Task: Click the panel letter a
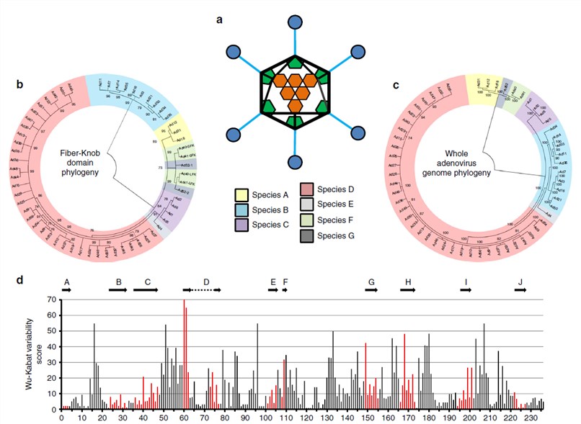click(220, 19)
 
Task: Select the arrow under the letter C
click(146, 289)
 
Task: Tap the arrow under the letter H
click(408, 289)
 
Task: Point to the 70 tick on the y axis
click(52, 299)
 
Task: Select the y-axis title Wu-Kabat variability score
click(27, 353)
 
